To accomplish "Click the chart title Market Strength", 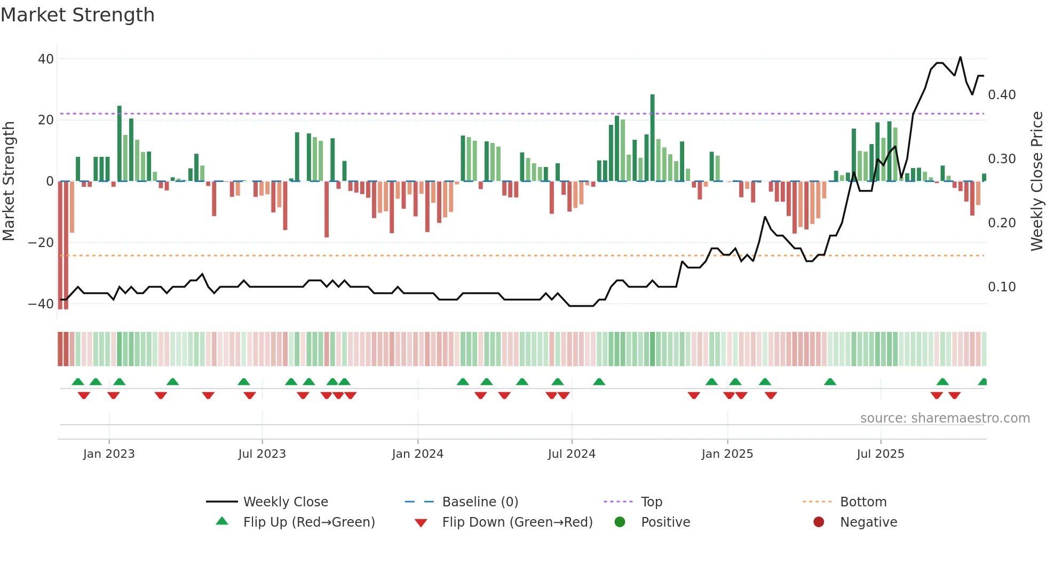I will click(x=78, y=15).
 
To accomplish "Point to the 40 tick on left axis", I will click(x=46, y=59).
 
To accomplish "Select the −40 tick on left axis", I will click(x=41, y=304).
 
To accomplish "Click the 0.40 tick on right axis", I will click(x=1002, y=95).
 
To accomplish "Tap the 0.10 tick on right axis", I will click(x=1002, y=287).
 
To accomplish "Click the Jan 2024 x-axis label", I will click(x=417, y=454).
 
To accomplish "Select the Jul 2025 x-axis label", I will click(x=881, y=454).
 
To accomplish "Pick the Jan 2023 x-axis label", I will click(x=109, y=454).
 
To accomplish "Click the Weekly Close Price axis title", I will click(x=1036, y=181).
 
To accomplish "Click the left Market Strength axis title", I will click(x=9, y=181).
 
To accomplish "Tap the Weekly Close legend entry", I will click(x=286, y=502).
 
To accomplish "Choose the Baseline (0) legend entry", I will click(x=480, y=502).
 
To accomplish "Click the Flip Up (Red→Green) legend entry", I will click(x=308, y=522).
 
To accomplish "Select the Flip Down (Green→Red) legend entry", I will click(x=517, y=522).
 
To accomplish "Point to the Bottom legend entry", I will click(x=863, y=502).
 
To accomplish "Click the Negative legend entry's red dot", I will click(x=819, y=522).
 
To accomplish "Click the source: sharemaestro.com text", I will click(x=945, y=418).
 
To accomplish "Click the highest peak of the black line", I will click(x=960, y=57).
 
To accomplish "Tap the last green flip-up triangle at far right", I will click(x=983, y=382).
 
